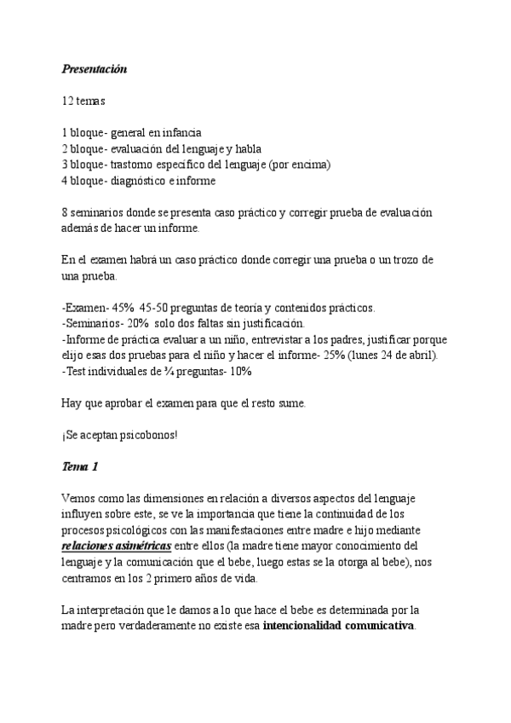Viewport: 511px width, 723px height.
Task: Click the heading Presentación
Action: (x=95, y=69)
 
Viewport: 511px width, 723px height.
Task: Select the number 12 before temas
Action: (x=68, y=101)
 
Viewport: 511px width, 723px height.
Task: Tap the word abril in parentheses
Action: (x=420, y=356)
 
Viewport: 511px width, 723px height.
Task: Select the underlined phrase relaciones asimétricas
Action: (x=117, y=546)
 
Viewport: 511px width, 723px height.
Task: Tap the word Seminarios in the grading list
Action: (x=95, y=324)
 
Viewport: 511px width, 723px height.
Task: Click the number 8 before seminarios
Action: (x=66, y=212)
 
